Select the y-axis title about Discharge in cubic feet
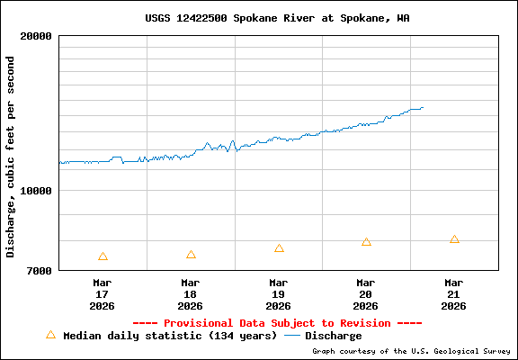tap(11, 157)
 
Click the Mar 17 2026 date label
tap(103, 294)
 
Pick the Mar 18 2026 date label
tap(191, 294)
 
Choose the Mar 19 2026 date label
tap(279, 294)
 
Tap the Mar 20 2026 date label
tap(366, 294)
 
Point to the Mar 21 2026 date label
tap(454, 294)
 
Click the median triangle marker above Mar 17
tap(103, 256)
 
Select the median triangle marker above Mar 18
tap(191, 255)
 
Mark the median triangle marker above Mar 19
tap(279, 248)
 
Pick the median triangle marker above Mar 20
tap(366, 242)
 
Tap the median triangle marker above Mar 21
tap(454, 239)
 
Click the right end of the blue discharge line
tap(423, 108)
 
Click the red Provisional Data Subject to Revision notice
tap(277, 323)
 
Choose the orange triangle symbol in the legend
tap(50, 335)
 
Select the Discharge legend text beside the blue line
tap(333, 336)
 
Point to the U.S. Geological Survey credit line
tap(411, 351)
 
